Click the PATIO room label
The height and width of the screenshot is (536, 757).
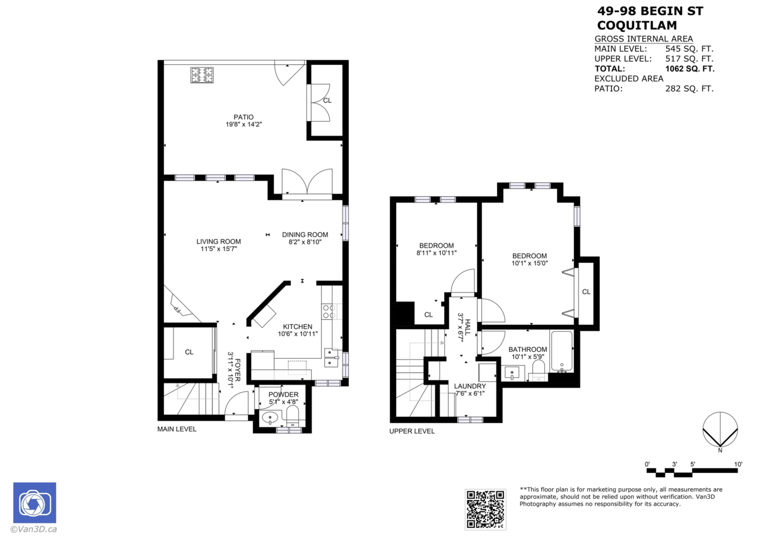click(x=244, y=117)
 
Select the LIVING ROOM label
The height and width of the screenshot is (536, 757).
click(x=218, y=242)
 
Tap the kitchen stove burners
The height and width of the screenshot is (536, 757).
click(x=329, y=310)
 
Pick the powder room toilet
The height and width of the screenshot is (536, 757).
click(x=293, y=416)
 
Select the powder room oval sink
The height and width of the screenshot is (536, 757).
click(x=271, y=417)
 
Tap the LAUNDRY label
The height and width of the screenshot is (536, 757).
click(x=470, y=386)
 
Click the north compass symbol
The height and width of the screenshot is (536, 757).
click(x=720, y=430)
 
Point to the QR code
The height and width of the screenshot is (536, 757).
click(x=485, y=508)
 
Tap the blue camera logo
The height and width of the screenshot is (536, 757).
click(x=35, y=503)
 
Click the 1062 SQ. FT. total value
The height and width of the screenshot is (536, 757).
click(x=690, y=69)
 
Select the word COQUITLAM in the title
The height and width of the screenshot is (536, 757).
click(x=637, y=26)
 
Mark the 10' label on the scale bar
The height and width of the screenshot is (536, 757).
click(x=737, y=464)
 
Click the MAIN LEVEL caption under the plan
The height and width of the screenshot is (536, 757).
click(x=177, y=429)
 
